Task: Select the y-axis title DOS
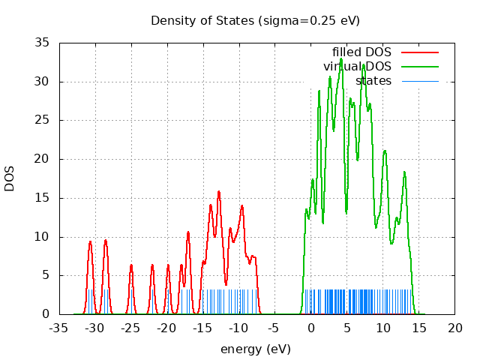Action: [x=10, y=178]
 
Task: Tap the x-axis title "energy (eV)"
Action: [x=255, y=349]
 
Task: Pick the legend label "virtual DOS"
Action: [x=357, y=67]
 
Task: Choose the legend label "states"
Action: [x=373, y=80]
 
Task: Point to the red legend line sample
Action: [x=419, y=52]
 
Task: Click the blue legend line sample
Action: [x=419, y=80]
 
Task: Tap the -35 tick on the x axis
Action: [x=59, y=328]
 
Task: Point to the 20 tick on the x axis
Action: [x=454, y=328]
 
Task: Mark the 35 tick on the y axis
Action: [x=43, y=43]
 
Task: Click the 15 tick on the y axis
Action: [x=43, y=198]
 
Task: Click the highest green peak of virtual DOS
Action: [x=341, y=58]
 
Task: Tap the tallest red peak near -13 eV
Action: [x=219, y=191]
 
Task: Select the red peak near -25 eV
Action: [x=131, y=265]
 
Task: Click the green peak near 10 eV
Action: [x=385, y=151]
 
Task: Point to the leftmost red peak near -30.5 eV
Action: [x=90, y=241]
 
